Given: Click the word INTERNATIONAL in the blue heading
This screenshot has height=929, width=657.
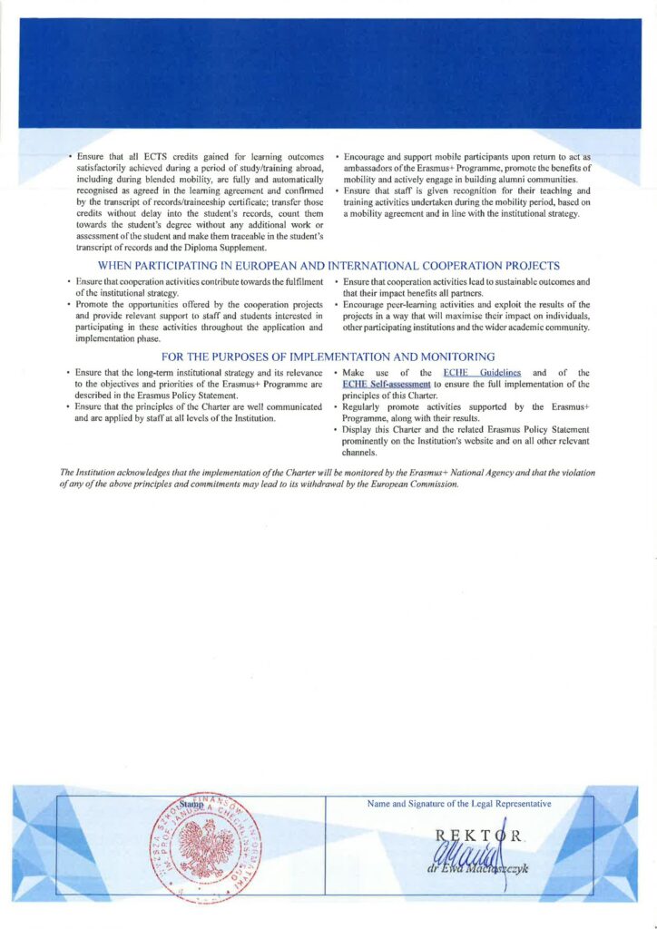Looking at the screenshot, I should tap(372, 266).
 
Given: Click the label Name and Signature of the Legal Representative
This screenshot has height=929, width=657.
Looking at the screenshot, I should tap(458, 804).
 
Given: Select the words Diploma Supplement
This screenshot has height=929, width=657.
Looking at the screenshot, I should tap(227, 248).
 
